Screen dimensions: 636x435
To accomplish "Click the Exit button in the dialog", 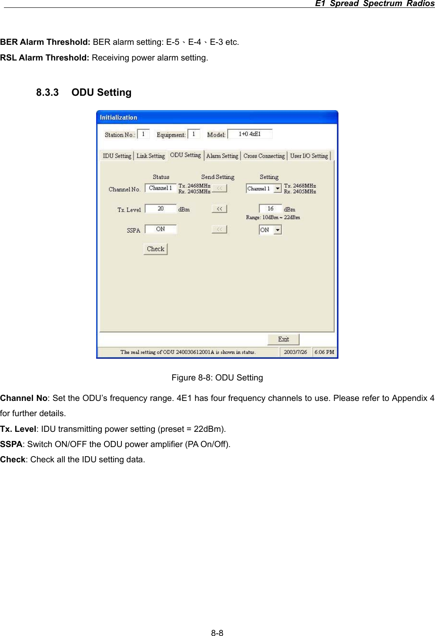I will pyautogui.click(x=283, y=340).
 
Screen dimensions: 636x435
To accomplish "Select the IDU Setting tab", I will pyautogui.click(x=117, y=156).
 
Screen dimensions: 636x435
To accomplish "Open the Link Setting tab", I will pyautogui.click(x=151, y=156).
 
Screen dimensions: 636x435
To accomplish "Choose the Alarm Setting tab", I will pyautogui.click(x=222, y=156).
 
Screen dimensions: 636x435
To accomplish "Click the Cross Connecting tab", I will pyautogui.click(x=264, y=156).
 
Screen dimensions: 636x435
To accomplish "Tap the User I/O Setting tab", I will pyautogui.click(x=309, y=156).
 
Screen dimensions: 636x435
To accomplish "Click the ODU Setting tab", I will pyautogui.click(x=185, y=155).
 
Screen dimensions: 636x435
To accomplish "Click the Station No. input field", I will pyautogui.click(x=143, y=134).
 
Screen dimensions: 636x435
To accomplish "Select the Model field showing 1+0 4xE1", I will pyautogui.click(x=250, y=134).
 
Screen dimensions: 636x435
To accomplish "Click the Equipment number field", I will pyautogui.click(x=194, y=134).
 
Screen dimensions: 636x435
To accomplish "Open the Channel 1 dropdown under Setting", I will pyautogui.click(x=277, y=188).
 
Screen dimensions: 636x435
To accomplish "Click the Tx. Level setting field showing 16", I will pyautogui.click(x=271, y=209).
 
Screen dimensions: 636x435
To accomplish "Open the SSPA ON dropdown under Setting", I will pyautogui.click(x=277, y=230).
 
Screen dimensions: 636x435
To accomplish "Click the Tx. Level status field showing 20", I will pyautogui.click(x=161, y=209).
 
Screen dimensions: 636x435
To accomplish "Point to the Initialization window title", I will pyautogui.click(x=118, y=118).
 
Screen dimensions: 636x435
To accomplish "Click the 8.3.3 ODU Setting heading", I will pyautogui.click(x=84, y=93).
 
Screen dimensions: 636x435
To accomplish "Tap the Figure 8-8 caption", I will pyautogui.click(x=217, y=378).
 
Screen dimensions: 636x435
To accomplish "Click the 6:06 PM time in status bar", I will pyautogui.click(x=324, y=352).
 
